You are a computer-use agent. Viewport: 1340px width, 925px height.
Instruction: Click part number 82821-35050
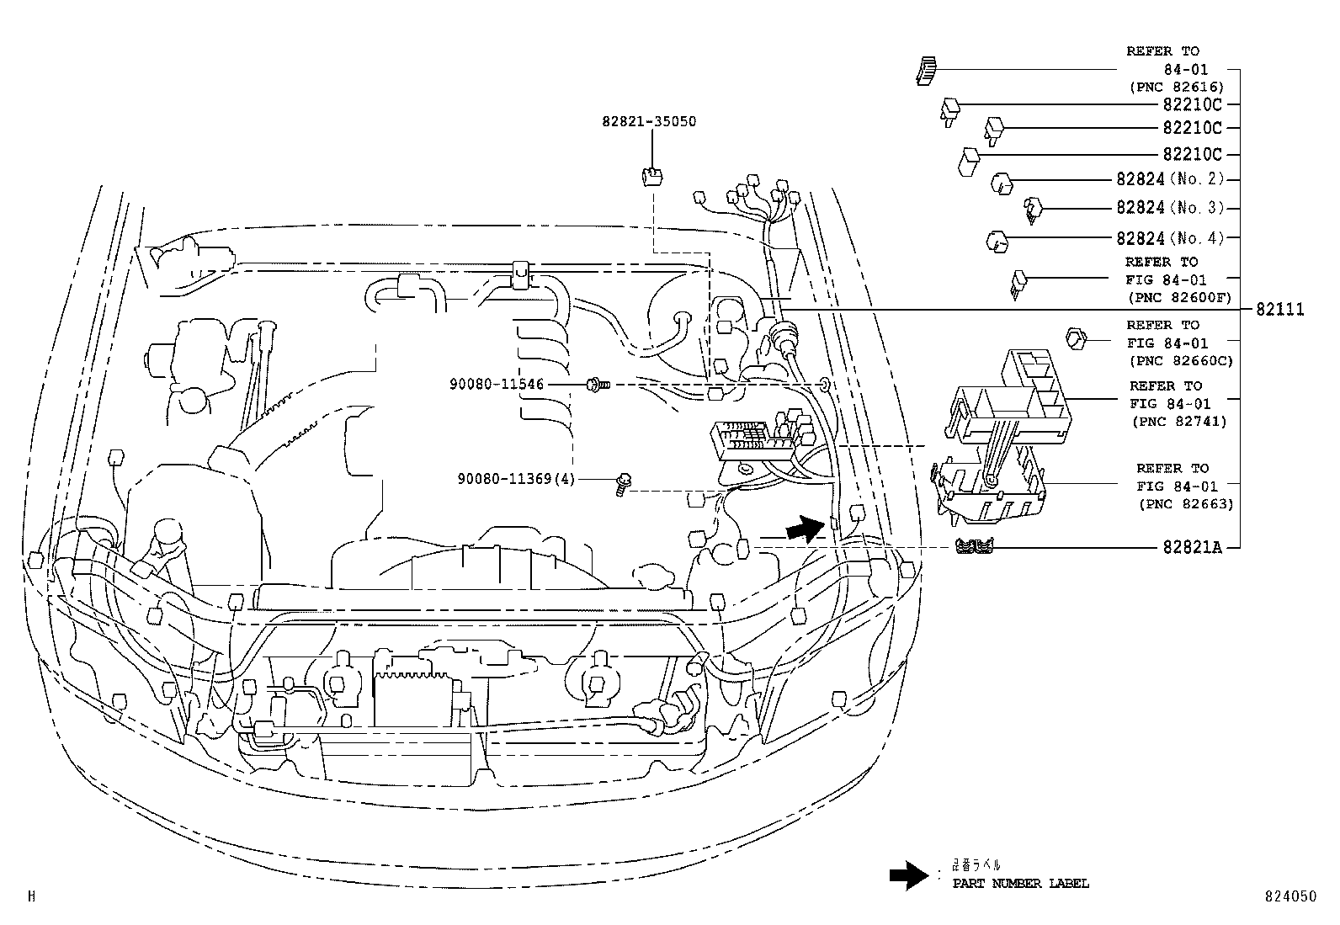click(x=648, y=121)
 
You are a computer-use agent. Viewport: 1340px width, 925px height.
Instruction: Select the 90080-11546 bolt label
click(x=497, y=385)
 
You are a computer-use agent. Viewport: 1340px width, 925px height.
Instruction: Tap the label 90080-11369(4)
click(x=515, y=479)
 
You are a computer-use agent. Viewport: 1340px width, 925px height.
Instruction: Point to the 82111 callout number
click(x=1279, y=310)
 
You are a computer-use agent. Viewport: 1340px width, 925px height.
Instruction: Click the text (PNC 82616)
click(x=1176, y=87)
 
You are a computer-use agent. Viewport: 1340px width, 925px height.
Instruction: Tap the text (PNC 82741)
click(x=1178, y=422)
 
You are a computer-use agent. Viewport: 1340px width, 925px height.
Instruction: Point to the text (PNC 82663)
click(x=1185, y=504)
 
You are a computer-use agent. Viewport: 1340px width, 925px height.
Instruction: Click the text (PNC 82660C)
click(x=1179, y=361)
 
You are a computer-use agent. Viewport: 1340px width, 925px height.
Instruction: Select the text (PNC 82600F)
click(x=1178, y=298)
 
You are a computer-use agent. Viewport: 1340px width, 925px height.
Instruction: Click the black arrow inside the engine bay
click(x=805, y=529)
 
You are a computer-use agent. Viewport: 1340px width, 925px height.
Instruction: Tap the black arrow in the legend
click(x=910, y=876)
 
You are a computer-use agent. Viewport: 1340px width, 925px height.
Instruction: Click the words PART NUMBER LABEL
click(x=1020, y=884)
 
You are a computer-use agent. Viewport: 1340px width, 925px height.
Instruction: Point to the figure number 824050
click(x=1288, y=897)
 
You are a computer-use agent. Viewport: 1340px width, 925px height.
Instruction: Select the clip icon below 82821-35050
click(x=651, y=176)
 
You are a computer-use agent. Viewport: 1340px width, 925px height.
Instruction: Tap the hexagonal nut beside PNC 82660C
click(x=1077, y=338)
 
